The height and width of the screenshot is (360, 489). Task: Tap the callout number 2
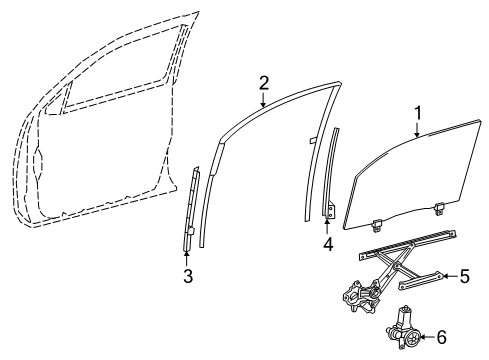pyautogui.click(x=263, y=81)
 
